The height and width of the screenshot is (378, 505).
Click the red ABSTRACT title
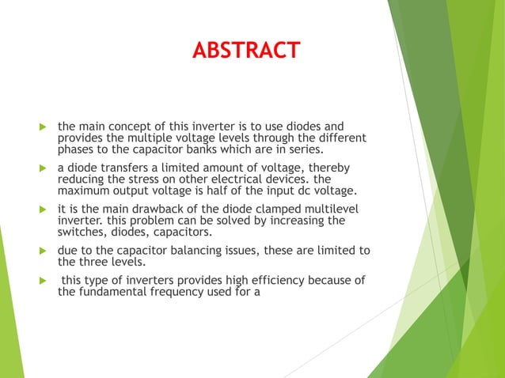pyautogui.click(x=246, y=51)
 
